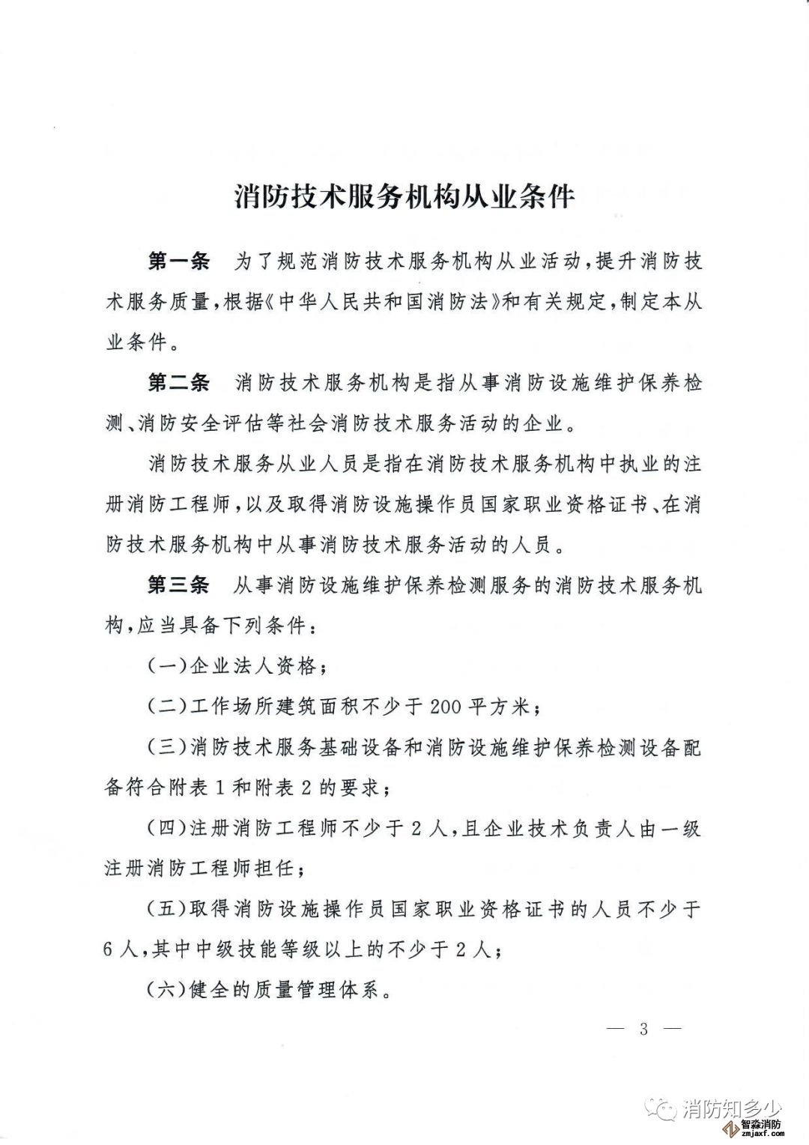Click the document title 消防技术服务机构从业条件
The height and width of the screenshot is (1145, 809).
coord(404,197)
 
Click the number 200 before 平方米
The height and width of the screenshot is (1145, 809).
coord(447,707)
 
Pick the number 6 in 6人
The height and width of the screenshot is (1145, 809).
coord(112,951)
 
